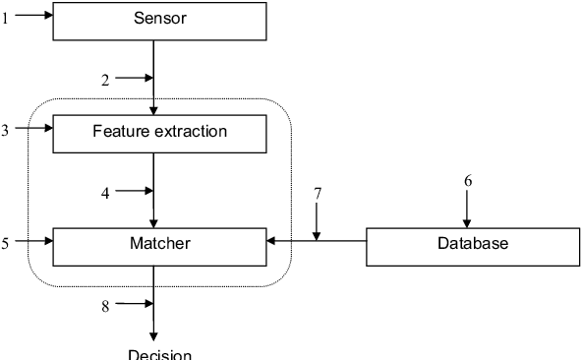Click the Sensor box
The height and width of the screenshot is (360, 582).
(x=158, y=21)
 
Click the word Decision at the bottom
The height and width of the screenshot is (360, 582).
(x=159, y=353)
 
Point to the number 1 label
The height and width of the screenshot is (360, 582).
(x=5, y=17)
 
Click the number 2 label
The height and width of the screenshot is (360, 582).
(x=105, y=81)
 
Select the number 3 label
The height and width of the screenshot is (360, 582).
(x=5, y=130)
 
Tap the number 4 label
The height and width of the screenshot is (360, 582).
(x=105, y=194)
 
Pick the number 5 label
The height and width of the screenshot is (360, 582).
(x=5, y=241)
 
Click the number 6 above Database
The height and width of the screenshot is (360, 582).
(x=468, y=181)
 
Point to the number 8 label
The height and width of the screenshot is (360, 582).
(x=105, y=306)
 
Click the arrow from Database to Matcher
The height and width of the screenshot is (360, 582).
(x=316, y=240)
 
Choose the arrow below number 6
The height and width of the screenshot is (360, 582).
(x=468, y=210)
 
